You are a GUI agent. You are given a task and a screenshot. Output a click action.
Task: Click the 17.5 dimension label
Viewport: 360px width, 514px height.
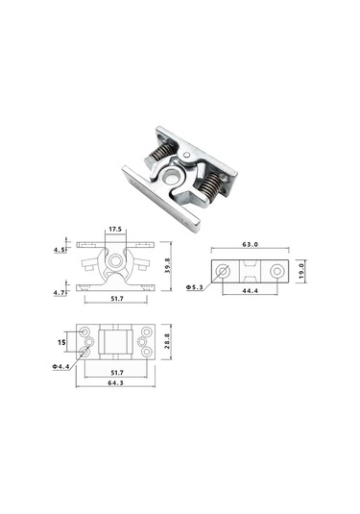tap(115, 229)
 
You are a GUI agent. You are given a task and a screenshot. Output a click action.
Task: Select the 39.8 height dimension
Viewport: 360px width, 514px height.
tap(168, 265)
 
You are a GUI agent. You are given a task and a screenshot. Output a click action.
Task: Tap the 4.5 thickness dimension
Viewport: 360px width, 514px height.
tap(60, 250)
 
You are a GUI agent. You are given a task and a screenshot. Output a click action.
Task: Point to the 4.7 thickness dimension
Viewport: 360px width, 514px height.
tap(60, 293)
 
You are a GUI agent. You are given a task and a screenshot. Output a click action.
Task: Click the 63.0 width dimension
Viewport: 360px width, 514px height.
tap(251, 244)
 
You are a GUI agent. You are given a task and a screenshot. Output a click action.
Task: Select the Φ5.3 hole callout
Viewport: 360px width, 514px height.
tap(195, 287)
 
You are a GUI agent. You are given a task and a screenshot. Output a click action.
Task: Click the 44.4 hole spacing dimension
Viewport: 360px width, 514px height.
tap(250, 290)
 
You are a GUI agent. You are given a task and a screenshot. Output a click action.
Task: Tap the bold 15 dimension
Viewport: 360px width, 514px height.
tap(61, 342)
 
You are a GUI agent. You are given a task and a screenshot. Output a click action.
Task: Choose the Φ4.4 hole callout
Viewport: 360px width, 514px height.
tap(60, 366)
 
